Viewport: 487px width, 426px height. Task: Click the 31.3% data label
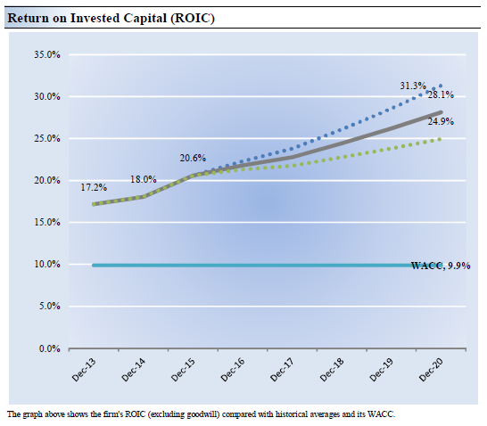(413, 86)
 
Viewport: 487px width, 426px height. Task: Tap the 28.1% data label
(441, 94)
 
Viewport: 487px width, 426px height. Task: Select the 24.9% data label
(441, 121)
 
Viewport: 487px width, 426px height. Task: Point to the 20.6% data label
(193, 158)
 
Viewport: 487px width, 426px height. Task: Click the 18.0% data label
(144, 179)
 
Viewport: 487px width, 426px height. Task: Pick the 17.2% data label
(94, 187)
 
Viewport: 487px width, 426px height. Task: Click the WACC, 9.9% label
(441, 266)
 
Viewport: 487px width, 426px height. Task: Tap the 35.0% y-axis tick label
(47, 54)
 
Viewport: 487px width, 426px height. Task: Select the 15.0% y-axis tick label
(47, 222)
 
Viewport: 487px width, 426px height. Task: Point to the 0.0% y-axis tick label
(49, 348)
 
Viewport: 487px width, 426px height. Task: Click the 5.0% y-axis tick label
(49, 307)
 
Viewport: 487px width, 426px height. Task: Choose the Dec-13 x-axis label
(84, 369)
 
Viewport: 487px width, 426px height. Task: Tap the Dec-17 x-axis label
(283, 369)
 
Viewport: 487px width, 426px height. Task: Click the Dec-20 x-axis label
(431, 369)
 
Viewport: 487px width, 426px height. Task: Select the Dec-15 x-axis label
(183, 369)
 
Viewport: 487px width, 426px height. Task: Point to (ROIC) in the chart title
(193, 19)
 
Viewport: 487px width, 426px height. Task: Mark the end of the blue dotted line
(441, 86)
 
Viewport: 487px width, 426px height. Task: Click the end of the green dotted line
(440, 139)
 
